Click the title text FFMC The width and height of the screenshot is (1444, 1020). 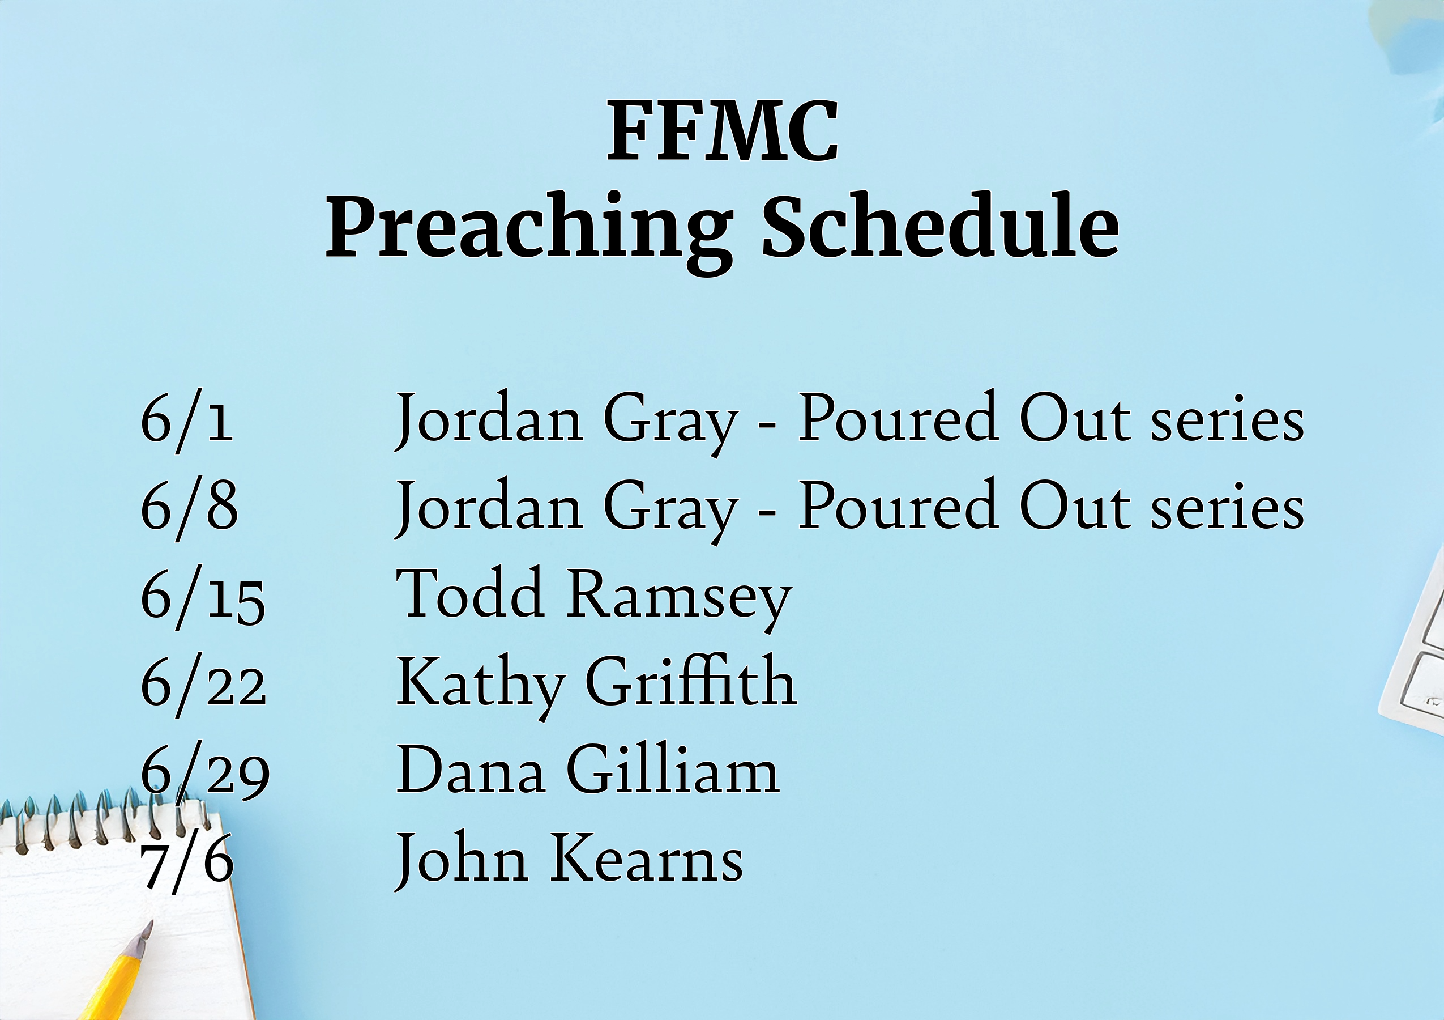tap(722, 131)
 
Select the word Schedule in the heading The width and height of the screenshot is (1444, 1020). tap(940, 226)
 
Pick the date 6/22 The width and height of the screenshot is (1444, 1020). tap(203, 685)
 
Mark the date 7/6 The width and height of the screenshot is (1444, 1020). tap(187, 861)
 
